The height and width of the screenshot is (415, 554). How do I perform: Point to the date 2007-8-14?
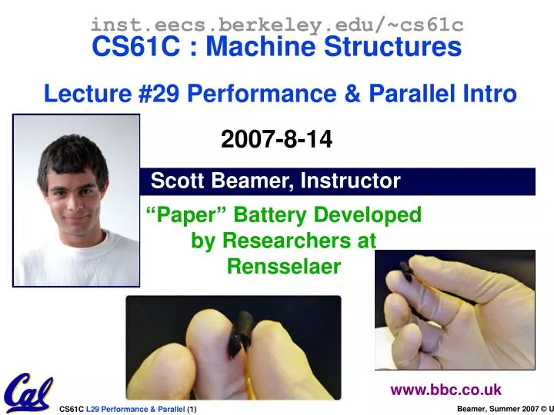277,139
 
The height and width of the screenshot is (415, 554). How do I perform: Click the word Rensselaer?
283,266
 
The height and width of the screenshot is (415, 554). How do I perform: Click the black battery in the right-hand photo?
405,272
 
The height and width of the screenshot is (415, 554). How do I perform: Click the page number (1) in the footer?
191,409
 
